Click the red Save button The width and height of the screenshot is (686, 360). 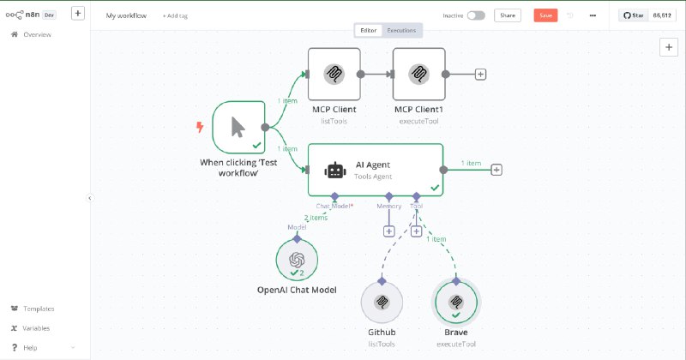click(545, 15)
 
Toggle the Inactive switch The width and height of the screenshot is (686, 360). click(476, 15)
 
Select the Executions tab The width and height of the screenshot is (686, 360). click(401, 30)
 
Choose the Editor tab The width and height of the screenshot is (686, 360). click(368, 30)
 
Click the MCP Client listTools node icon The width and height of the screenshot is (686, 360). click(334, 74)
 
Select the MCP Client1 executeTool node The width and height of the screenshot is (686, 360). click(418, 74)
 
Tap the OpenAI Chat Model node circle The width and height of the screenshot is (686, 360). click(297, 260)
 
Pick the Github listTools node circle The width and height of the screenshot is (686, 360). click(382, 303)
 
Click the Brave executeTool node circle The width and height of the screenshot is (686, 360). click(456, 303)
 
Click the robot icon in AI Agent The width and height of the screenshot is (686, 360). click(334, 170)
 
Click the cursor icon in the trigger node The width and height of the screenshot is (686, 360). click(238, 129)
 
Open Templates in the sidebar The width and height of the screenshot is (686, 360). click(38, 309)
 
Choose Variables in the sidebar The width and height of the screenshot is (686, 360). click(36, 328)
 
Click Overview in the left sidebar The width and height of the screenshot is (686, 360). click(37, 34)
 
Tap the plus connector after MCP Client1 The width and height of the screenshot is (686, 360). click(480, 75)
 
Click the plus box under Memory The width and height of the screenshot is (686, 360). click(388, 231)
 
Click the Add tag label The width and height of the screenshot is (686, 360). click(178, 16)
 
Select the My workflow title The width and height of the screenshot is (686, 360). click(125, 16)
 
